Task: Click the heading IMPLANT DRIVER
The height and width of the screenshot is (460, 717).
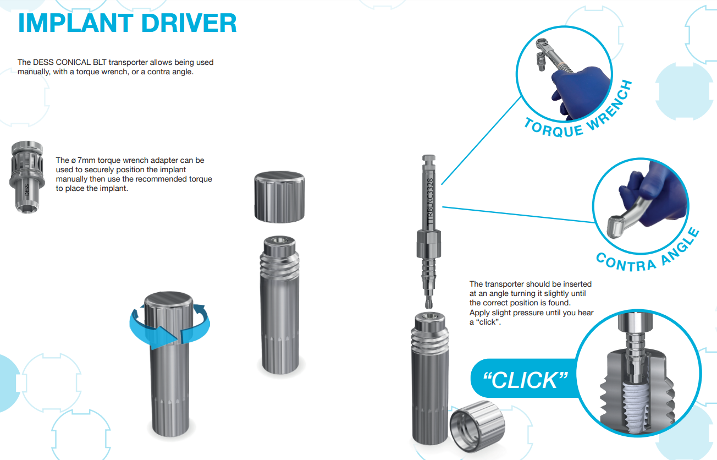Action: tap(128, 23)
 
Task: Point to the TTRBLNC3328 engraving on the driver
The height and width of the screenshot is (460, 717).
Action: tap(430, 201)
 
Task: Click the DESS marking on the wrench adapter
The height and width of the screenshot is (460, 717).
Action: tap(27, 190)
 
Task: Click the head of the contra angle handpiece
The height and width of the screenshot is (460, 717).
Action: tap(615, 227)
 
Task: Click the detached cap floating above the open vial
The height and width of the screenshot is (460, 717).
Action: tap(279, 196)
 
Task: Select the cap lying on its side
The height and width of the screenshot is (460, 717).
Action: tap(477, 425)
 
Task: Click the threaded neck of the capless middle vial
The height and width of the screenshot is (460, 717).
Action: tap(280, 264)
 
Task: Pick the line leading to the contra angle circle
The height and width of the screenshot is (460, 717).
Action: tap(519, 214)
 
